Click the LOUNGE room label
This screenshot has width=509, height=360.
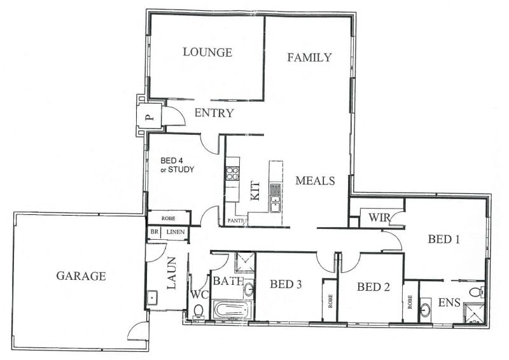(207, 52)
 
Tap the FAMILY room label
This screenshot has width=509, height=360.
(309, 57)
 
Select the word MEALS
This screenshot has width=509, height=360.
(315, 181)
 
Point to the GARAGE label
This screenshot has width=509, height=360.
(81, 276)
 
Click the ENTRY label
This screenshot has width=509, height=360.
(214, 113)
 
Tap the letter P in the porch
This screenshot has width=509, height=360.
(149, 117)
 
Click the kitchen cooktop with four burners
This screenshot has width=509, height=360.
(233, 173)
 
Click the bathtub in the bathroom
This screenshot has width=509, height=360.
(232, 310)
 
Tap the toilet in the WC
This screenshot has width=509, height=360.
(198, 311)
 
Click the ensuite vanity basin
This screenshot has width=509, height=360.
(425, 310)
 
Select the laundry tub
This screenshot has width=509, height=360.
(151, 298)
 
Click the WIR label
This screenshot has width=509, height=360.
(379, 217)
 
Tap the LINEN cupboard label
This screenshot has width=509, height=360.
(176, 232)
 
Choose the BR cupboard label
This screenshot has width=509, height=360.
(154, 232)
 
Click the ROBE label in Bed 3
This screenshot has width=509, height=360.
(330, 301)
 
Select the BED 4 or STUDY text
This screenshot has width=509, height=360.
(178, 165)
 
